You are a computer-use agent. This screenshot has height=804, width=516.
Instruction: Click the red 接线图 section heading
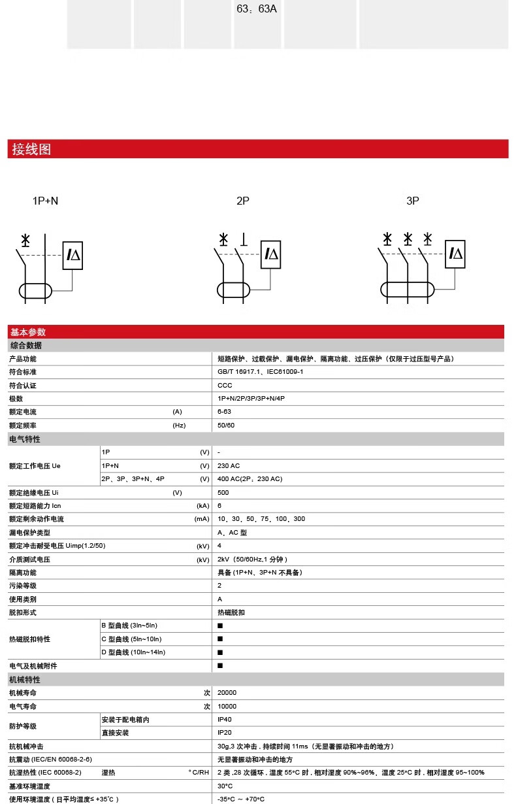point(31,149)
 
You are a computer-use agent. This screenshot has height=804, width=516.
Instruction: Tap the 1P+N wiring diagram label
point(45,201)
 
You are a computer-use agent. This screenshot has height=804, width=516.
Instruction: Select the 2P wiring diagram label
point(243,201)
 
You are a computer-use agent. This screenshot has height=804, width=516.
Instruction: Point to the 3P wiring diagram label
point(412,201)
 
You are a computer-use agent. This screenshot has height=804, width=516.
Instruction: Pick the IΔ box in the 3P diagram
point(455,254)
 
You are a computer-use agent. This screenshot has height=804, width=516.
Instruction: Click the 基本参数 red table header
point(27,332)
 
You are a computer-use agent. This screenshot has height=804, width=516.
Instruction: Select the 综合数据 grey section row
point(26,345)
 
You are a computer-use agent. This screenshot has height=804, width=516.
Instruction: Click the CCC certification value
point(225,386)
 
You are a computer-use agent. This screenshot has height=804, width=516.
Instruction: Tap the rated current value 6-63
point(224,412)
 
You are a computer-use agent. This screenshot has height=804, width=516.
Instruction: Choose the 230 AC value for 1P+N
point(229,466)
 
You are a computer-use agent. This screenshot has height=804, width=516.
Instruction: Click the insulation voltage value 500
point(223,493)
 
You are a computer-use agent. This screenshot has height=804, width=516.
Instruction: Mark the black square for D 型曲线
point(220,652)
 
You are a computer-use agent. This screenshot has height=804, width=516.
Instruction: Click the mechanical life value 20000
point(227,693)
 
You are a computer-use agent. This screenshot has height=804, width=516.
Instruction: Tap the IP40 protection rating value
point(224,720)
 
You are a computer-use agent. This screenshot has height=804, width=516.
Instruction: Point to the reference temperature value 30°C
point(225,786)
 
